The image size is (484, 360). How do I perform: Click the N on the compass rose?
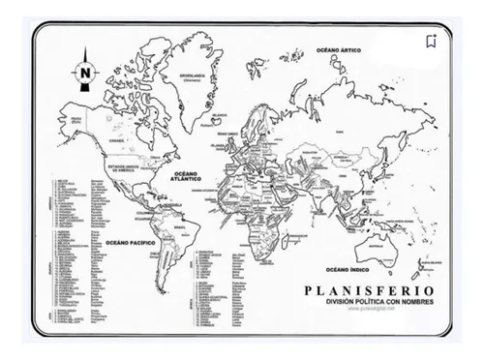(x=86, y=71)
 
